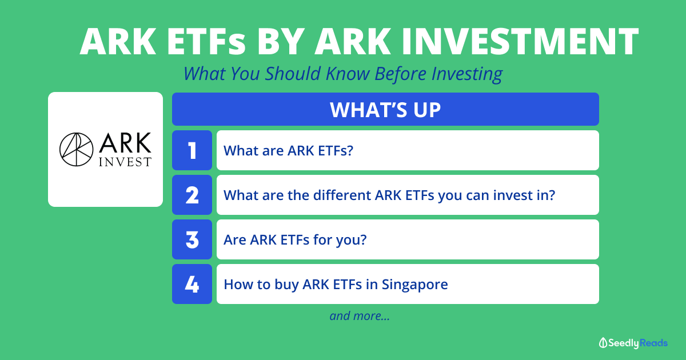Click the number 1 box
(x=192, y=150)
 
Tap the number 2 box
(x=192, y=195)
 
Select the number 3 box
(x=192, y=239)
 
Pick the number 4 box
(x=192, y=284)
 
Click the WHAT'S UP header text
(x=385, y=110)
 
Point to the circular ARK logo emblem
(x=76, y=149)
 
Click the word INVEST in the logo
(x=125, y=162)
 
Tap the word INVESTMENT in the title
(x=520, y=42)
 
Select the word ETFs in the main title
(x=206, y=42)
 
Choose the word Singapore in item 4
(x=414, y=285)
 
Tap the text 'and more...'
(x=360, y=315)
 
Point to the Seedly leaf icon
(x=603, y=343)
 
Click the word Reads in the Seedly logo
(x=653, y=343)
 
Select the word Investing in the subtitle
(x=467, y=74)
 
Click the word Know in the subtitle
(x=348, y=74)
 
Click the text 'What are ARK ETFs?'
(x=288, y=151)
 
